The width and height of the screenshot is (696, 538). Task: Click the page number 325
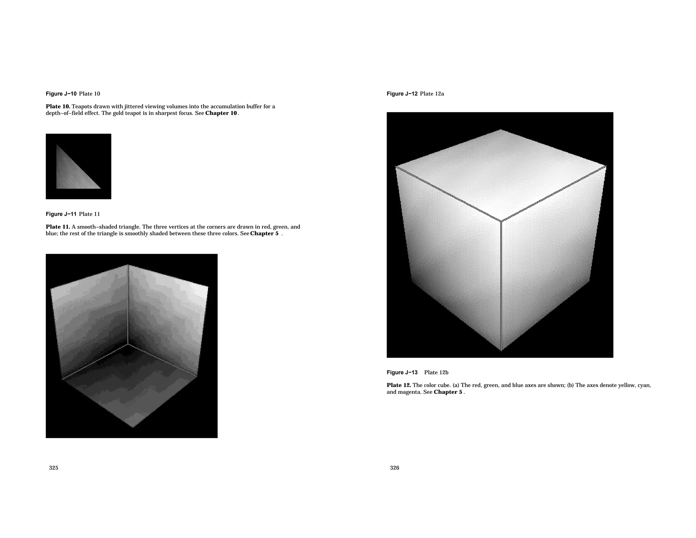(x=54, y=468)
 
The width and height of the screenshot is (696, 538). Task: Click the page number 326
(x=395, y=468)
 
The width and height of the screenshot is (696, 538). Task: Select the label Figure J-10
(x=61, y=94)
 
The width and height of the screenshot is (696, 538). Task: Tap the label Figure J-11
(x=61, y=214)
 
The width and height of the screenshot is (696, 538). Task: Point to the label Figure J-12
(x=402, y=94)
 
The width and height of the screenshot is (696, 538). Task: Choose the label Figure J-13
(x=402, y=373)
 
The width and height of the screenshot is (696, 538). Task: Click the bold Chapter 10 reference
(x=221, y=113)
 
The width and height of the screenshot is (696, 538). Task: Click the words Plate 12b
(x=436, y=373)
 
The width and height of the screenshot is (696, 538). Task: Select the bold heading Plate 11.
(x=58, y=227)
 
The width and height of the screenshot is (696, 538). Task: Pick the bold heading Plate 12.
(x=399, y=385)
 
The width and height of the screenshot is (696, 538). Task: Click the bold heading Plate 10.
(x=58, y=106)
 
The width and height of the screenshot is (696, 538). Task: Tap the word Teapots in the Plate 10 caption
(x=82, y=106)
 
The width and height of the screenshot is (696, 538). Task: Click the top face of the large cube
(x=501, y=173)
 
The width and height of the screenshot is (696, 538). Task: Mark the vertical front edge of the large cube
(x=501, y=286)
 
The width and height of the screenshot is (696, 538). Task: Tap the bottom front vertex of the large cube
(x=501, y=350)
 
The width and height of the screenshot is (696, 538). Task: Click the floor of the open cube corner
(x=131, y=388)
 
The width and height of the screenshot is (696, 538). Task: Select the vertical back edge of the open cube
(x=128, y=304)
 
